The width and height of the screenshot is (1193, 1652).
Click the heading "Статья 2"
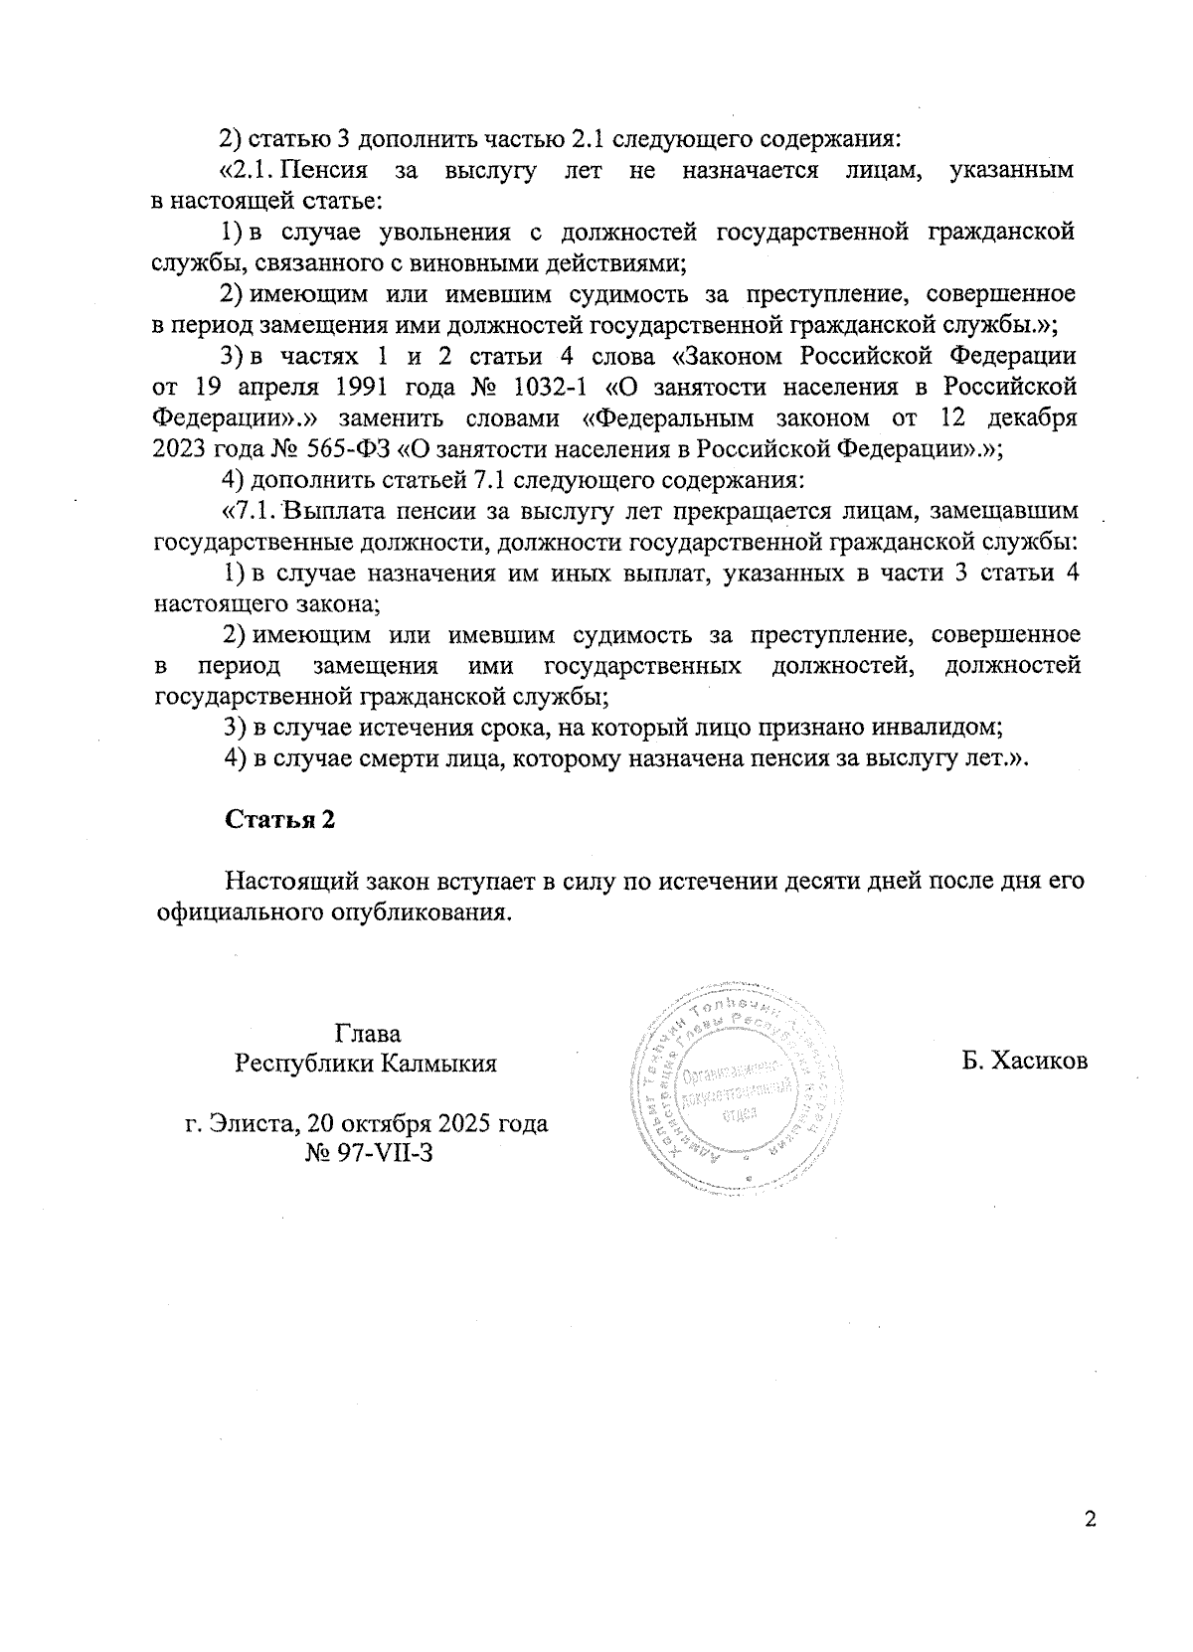(x=280, y=819)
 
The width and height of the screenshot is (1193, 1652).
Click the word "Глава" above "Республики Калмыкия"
(x=368, y=1033)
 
